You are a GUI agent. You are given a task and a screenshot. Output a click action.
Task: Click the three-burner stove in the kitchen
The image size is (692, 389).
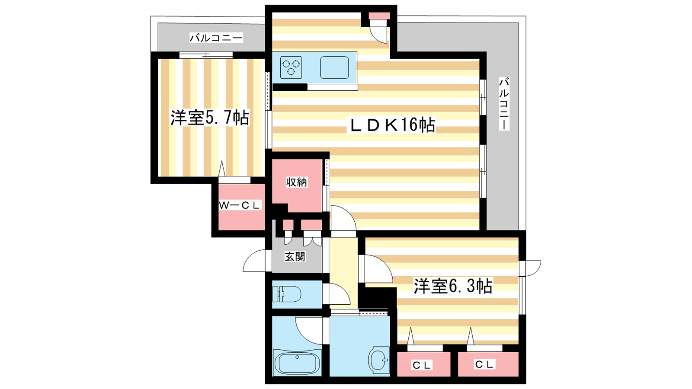291,67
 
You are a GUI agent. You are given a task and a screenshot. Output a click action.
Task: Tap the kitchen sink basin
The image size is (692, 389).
334,67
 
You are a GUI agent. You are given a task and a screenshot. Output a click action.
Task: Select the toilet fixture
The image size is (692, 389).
287,294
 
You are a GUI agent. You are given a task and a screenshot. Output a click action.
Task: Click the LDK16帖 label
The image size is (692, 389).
392,125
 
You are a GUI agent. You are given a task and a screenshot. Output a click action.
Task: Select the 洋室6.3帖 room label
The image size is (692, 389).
453,286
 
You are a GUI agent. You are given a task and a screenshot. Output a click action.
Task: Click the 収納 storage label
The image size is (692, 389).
297,182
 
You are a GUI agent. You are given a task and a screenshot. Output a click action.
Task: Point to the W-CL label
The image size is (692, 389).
240,205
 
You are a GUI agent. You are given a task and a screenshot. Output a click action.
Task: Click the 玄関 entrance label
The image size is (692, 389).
295,257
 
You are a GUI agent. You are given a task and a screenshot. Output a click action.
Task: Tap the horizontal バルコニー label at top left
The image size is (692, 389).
216,38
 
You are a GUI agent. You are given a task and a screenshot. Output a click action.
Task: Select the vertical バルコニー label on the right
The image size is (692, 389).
504,104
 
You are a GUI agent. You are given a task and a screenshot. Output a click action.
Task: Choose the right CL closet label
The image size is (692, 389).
484,364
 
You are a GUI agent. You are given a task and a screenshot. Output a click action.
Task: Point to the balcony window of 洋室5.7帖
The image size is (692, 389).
206,55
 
